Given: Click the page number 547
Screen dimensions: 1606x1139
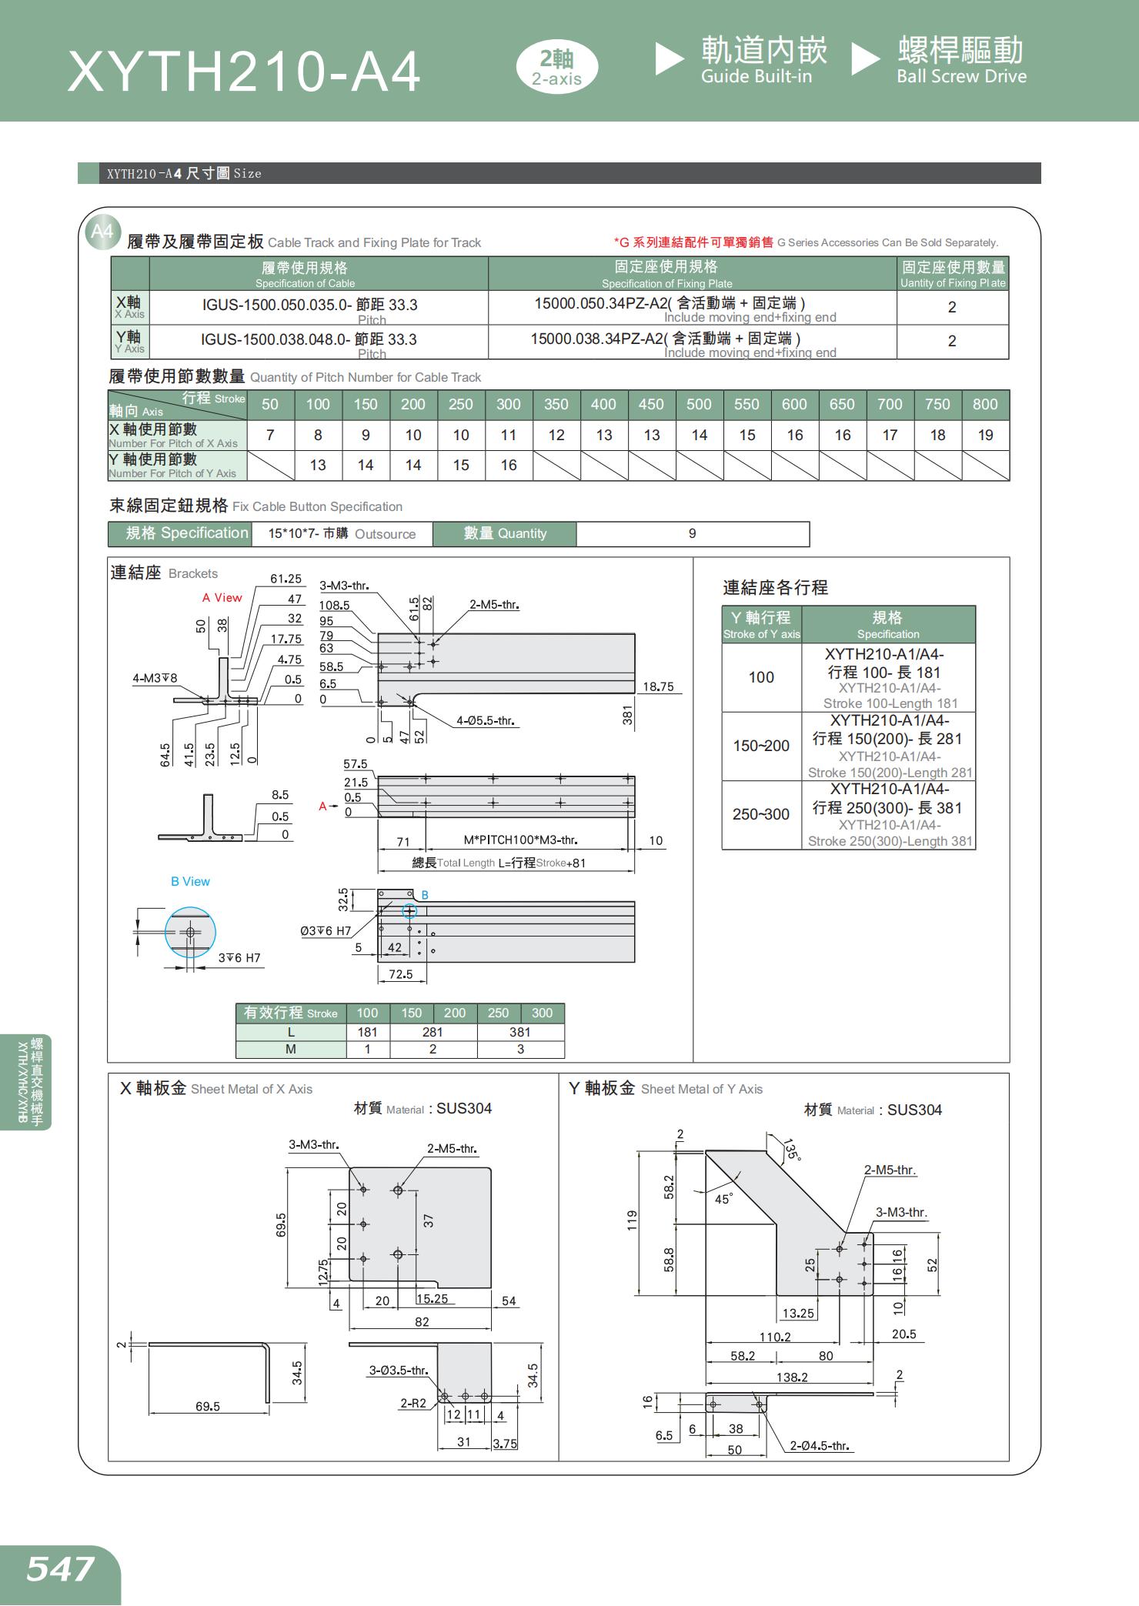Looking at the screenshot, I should (x=60, y=1568).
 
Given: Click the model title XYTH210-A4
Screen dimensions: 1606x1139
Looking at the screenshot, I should (x=244, y=72).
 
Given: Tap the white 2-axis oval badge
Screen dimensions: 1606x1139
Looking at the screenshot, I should (x=556, y=68).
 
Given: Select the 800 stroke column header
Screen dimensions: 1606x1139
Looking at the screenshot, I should (x=984, y=404).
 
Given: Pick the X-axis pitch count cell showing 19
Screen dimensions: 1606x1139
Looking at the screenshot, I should (x=984, y=435).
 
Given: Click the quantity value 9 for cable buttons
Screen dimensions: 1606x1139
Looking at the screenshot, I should (x=692, y=533).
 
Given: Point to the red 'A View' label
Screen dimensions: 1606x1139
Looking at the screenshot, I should (x=222, y=597).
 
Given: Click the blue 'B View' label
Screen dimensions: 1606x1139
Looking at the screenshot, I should (x=190, y=881).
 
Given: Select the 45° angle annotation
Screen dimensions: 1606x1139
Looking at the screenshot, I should (x=723, y=1199).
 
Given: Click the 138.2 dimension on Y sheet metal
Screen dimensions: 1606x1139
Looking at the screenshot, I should (x=792, y=1377).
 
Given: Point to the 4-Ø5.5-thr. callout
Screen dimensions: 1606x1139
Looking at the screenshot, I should (x=485, y=721).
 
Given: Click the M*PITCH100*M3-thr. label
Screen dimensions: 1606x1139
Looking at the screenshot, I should (x=520, y=840).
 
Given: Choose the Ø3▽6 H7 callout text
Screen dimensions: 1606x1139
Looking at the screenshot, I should (x=326, y=930).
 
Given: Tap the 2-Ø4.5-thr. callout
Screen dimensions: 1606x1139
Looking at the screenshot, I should (x=820, y=1446).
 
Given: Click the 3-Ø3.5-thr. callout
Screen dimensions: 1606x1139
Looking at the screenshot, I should (x=398, y=1371).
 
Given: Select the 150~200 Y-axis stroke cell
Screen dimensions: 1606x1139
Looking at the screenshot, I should (x=760, y=746).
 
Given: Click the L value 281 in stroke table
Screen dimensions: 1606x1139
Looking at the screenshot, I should (x=433, y=1032).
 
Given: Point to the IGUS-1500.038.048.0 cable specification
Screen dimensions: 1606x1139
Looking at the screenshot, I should (x=309, y=339).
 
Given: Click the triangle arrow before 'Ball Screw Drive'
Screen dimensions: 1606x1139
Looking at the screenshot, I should (x=865, y=60).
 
